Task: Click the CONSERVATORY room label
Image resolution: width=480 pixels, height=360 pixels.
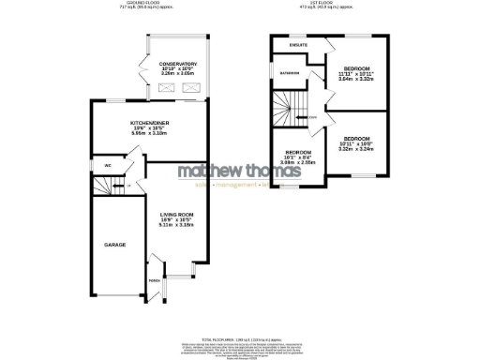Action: (x=183, y=63)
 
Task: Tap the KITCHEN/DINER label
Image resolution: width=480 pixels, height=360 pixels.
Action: (x=148, y=123)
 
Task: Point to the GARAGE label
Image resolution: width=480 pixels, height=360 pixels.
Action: (x=113, y=245)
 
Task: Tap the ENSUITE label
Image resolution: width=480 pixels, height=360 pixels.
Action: (x=299, y=45)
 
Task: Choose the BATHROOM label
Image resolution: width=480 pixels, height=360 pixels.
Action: (x=289, y=72)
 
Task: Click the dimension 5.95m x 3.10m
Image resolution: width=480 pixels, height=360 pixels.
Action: (x=148, y=134)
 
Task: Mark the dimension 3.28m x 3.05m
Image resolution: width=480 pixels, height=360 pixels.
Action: (x=183, y=74)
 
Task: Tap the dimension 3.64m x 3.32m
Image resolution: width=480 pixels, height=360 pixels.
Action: (x=356, y=80)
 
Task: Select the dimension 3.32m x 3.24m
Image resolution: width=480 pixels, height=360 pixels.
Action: (x=356, y=148)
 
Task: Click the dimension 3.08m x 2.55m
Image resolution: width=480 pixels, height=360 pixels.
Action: (x=300, y=161)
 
